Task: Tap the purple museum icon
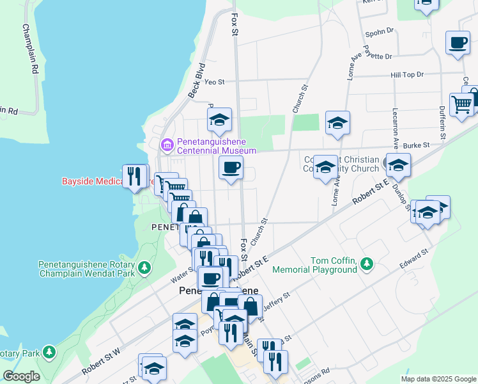tap(167, 145)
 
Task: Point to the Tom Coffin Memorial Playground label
tap(333, 265)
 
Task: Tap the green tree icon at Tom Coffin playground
tap(367, 263)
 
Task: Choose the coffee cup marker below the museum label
tap(231, 168)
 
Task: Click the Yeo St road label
tap(214, 82)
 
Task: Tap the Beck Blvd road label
tap(196, 80)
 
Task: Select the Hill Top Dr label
tap(407, 75)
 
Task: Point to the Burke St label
tap(416, 145)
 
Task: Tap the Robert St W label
tap(100, 362)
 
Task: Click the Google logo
tap(21, 376)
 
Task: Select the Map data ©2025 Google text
tap(438, 379)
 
